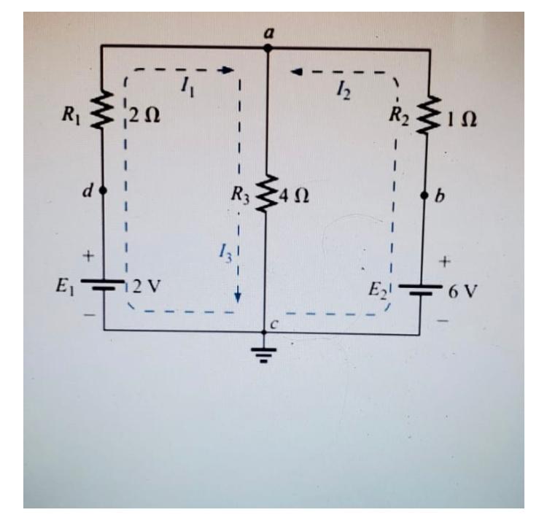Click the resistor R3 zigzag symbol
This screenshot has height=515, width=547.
click(268, 193)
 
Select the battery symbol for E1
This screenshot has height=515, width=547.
click(103, 284)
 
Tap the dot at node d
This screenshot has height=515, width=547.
click(103, 190)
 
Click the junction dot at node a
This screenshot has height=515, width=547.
click(268, 48)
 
